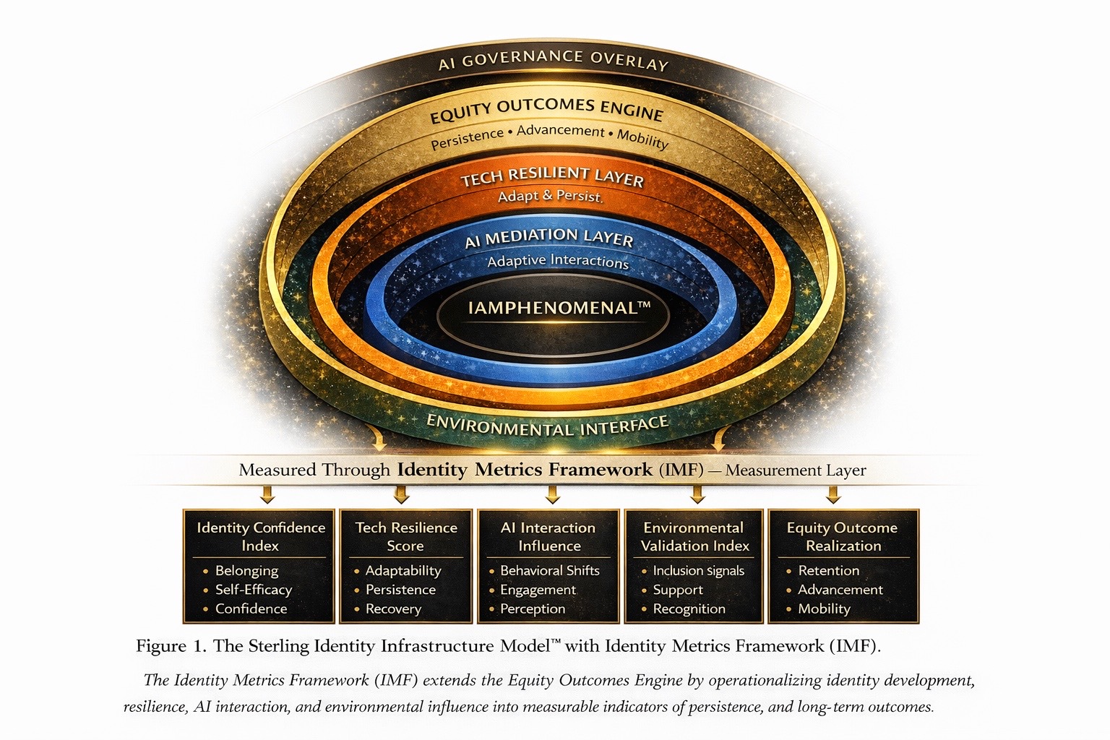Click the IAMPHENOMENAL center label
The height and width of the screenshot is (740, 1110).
point(558,309)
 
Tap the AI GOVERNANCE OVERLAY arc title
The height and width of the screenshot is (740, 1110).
point(553,60)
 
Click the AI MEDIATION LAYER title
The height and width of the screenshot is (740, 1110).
point(549,238)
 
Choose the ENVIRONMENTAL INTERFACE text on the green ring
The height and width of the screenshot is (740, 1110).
point(547,426)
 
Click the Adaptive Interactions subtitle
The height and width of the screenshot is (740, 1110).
point(558,262)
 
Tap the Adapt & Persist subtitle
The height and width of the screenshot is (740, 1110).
point(550,196)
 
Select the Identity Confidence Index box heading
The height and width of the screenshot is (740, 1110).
point(260,536)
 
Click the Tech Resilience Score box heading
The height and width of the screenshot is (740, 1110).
point(405,536)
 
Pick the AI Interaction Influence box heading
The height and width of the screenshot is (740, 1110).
point(548,536)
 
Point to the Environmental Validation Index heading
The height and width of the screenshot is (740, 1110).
point(694,536)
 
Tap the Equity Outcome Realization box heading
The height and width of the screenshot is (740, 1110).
point(843,536)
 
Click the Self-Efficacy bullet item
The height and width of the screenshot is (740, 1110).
point(253,590)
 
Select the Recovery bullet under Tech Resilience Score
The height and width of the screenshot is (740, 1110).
point(393,609)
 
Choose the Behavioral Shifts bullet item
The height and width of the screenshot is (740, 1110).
point(549,571)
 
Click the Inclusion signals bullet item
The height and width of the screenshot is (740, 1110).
point(698,571)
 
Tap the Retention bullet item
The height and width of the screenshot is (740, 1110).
point(828,571)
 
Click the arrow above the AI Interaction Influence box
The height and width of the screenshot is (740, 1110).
point(553,494)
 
